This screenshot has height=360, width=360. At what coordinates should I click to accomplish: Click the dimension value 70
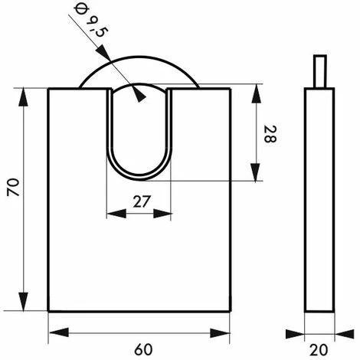pyautogui.click(x=13, y=187)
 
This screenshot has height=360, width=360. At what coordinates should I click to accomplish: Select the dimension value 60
pyautogui.click(x=143, y=349)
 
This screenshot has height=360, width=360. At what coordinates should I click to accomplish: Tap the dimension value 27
pyautogui.click(x=142, y=201)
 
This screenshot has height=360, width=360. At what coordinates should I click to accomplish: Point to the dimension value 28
pyautogui.click(x=270, y=134)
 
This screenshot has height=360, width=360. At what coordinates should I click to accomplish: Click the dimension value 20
pyautogui.click(x=319, y=350)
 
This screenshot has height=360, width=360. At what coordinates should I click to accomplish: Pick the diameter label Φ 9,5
pyautogui.click(x=91, y=21)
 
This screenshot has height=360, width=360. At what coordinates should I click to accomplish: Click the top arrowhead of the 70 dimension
pyautogui.click(x=24, y=97)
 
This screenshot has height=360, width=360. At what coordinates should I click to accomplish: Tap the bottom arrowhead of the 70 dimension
pyautogui.click(x=24, y=302)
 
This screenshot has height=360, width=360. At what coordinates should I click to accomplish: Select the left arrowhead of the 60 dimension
pyautogui.click(x=59, y=332)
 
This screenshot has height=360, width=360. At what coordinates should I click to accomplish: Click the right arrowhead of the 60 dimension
pyautogui.click(x=220, y=333)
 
